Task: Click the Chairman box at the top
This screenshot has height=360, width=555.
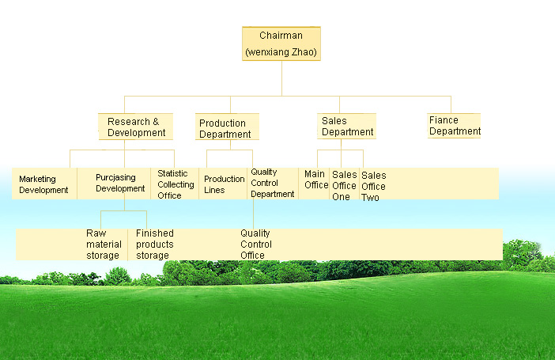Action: click(281, 44)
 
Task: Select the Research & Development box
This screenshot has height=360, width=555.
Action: click(135, 127)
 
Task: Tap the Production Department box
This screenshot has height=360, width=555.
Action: click(227, 127)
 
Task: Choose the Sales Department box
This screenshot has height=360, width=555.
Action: click(346, 126)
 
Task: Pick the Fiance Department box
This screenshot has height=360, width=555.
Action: click(454, 126)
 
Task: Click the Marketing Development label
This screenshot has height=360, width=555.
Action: click(43, 184)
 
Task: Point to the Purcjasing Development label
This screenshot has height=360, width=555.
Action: click(120, 183)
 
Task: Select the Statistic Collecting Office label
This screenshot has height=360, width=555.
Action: click(176, 184)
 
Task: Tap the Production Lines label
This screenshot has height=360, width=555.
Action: click(225, 184)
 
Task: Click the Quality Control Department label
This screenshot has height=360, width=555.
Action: click(273, 183)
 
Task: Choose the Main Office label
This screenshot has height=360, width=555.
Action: click(316, 180)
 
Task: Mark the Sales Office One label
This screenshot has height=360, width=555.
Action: click(345, 186)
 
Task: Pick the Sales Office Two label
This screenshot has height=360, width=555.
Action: click(373, 187)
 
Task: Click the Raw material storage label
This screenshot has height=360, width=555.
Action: click(104, 244)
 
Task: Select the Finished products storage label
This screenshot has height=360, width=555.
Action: click(155, 244)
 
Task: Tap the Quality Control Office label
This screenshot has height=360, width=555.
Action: click(256, 244)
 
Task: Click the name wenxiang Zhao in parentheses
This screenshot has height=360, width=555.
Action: click(281, 52)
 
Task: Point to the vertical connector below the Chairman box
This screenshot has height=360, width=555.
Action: click(281, 78)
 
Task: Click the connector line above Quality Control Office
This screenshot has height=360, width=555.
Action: click(253, 214)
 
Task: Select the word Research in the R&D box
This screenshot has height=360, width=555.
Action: click(129, 122)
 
